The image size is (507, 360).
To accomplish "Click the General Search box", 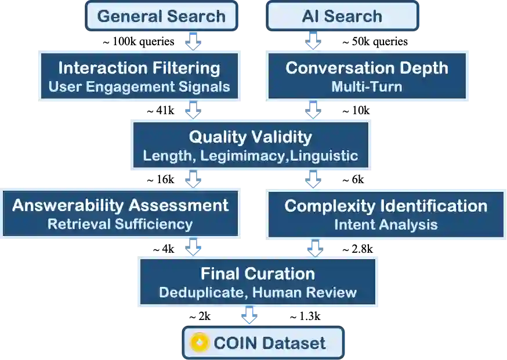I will point(161,16).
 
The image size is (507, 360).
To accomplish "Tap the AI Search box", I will point(342,16).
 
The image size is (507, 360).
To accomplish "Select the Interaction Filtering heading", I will point(139,68).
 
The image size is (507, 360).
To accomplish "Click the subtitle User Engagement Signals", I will point(139,88).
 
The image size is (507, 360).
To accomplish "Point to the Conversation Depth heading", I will point(367,68).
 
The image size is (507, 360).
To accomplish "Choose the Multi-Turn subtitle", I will point(367,88).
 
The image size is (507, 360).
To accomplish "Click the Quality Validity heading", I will point(250,137).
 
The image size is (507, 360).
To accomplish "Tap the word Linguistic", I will point(325,156).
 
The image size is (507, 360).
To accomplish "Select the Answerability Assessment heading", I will point(120,205).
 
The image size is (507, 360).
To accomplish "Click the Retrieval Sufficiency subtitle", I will point(120,224).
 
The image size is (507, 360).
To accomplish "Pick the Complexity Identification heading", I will point(386,206).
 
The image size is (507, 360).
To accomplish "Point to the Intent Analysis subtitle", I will point(386,224).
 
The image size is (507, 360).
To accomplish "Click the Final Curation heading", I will point(258,274).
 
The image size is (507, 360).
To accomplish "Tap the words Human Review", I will point(305,293).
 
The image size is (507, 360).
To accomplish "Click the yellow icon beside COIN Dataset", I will point(199,343).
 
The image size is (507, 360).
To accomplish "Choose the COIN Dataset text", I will point(270,343).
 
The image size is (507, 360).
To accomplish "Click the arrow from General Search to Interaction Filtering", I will point(191,42).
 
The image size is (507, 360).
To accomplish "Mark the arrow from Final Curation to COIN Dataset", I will point(250,316).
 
